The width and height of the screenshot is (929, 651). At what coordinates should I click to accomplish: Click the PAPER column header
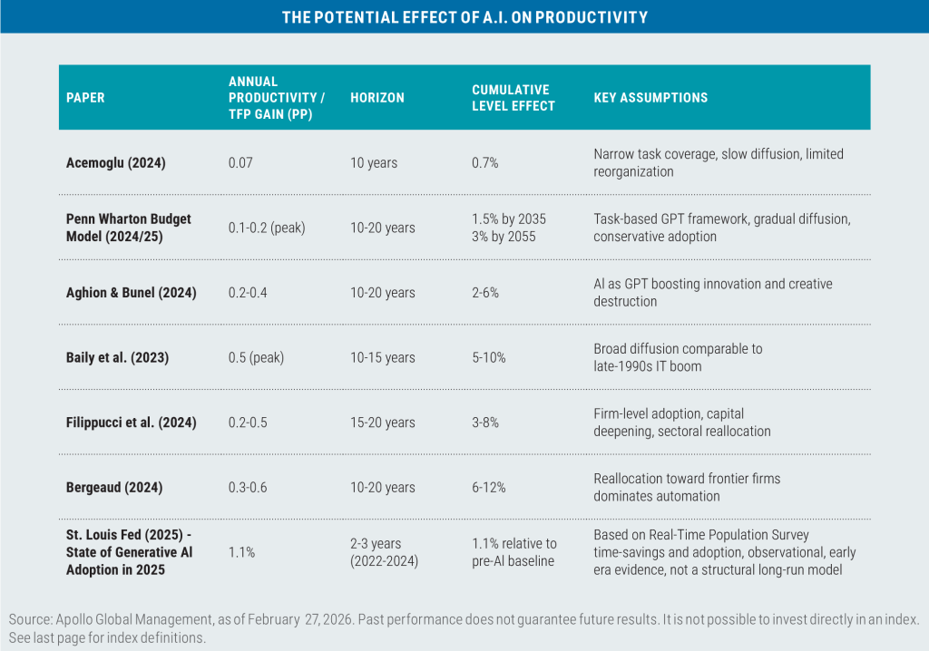click(85, 97)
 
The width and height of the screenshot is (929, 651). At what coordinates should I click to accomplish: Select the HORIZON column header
click(377, 97)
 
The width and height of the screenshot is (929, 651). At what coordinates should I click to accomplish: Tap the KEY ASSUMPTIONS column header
click(650, 97)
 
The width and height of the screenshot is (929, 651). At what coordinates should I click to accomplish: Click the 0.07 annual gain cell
click(240, 162)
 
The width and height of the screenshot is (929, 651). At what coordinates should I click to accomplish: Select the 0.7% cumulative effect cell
click(485, 162)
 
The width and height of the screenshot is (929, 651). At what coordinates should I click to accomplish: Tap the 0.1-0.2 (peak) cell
click(267, 228)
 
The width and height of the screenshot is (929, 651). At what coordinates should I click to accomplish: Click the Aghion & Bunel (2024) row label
click(132, 293)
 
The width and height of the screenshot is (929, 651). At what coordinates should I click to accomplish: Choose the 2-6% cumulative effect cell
click(485, 293)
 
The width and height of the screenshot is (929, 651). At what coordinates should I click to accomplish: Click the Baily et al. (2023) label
click(119, 357)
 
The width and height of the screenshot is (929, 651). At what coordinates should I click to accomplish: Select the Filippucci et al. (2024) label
click(131, 423)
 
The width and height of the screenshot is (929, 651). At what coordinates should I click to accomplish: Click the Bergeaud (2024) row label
click(114, 487)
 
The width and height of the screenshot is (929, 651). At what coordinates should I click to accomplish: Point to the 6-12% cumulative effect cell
click(489, 487)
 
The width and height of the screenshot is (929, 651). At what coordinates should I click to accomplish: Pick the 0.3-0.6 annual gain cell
click(249, 487)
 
